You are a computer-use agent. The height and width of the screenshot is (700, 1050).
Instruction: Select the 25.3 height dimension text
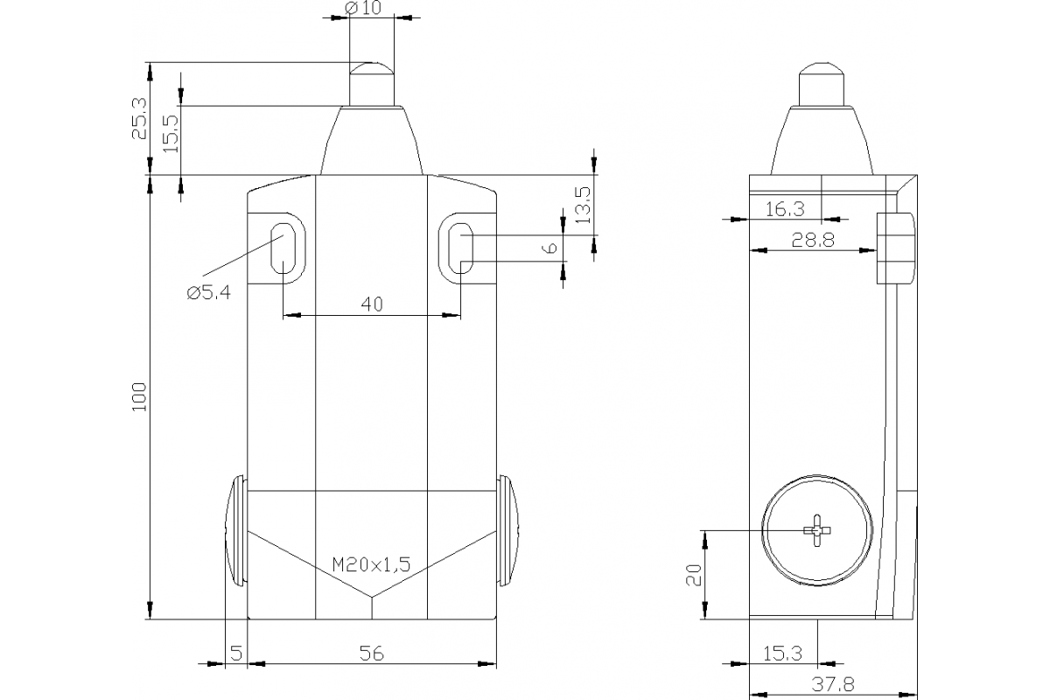(138, 118)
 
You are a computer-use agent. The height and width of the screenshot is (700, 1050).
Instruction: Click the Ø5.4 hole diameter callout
(208, 294)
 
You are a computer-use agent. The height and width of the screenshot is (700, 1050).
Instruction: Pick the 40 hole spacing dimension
(372, 304)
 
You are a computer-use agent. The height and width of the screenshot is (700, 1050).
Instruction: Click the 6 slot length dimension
(549, 248)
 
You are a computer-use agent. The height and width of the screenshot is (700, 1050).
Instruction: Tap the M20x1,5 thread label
(371, 565)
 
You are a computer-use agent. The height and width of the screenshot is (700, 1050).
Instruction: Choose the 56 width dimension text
(372, 653)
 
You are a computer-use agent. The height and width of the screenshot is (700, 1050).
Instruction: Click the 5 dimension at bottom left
(236, 653)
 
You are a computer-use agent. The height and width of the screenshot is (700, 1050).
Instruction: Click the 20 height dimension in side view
(694, 575)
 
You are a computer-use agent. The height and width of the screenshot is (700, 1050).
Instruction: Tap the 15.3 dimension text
(782, 653)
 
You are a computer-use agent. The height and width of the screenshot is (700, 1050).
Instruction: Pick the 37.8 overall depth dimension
(834, 685)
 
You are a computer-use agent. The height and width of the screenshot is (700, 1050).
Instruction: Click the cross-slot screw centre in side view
(816, 530)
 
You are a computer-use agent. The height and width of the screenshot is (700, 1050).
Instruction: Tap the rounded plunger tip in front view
(372, 68)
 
